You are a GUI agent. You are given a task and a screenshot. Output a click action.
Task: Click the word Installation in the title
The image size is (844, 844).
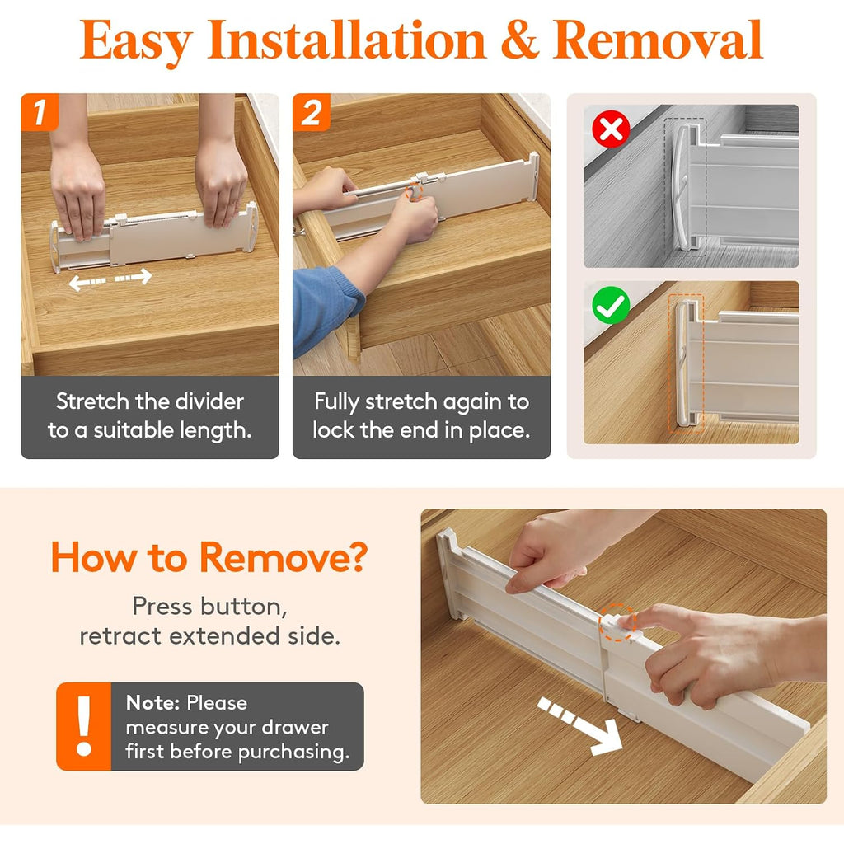pos(347,40)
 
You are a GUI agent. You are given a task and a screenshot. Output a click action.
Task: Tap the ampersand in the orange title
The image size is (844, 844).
pos(519,40)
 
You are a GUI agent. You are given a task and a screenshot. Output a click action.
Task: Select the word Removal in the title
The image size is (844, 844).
pos(658,40)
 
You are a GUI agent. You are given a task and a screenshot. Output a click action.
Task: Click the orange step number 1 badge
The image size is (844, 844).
pos(40,112)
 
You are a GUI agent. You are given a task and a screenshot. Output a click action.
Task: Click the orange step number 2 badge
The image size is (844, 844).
pos(311,112)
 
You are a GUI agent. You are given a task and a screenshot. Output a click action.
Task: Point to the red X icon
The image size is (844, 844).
pos(611,129)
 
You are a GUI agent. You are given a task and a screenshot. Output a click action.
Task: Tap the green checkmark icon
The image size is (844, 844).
pos(611,305)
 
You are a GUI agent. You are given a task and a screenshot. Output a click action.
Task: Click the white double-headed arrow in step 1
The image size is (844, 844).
pos(110,279)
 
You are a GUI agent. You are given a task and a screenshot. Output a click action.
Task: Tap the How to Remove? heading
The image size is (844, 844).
pos(209,557)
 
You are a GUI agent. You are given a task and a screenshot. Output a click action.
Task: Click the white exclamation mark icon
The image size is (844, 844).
pos(84,726)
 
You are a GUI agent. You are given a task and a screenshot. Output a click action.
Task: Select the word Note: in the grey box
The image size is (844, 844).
pos(152,703)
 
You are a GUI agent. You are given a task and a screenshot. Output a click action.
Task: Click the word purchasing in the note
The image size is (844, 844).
pos(293,753)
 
